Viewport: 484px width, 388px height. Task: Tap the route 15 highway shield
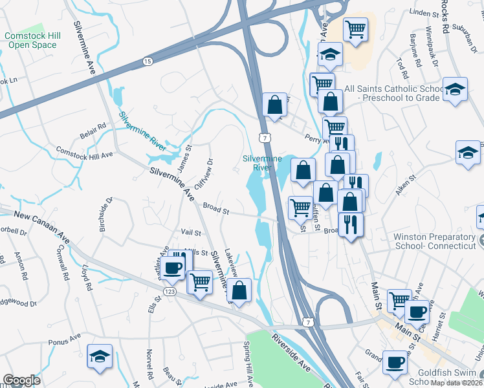pos(148,61)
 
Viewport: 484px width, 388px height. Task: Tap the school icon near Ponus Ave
pos(99,356)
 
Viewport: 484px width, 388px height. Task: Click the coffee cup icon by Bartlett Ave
pos(173,267)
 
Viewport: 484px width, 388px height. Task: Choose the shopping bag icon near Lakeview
pos(239,290)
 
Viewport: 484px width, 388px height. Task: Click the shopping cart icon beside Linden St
pos(355,29)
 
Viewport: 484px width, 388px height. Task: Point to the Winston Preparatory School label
pos(435,241)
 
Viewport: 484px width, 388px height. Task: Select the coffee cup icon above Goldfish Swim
pos(395,362)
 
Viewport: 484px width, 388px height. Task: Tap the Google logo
pos(21,380)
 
